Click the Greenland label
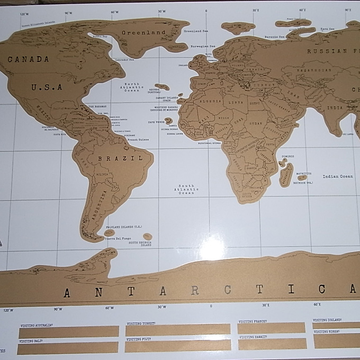[x=143, y=32]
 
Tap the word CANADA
[x=28, y=59]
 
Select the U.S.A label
[x=47, y=87]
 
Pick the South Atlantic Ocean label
[x=186, y=190]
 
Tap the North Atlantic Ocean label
[x=132, y=87]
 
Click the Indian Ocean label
[x=338, y=176]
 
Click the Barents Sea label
[x=275, y=37]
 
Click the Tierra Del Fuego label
[x=119, y=239]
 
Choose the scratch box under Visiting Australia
[x=69, y=332]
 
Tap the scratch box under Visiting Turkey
[x=178, y=330]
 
